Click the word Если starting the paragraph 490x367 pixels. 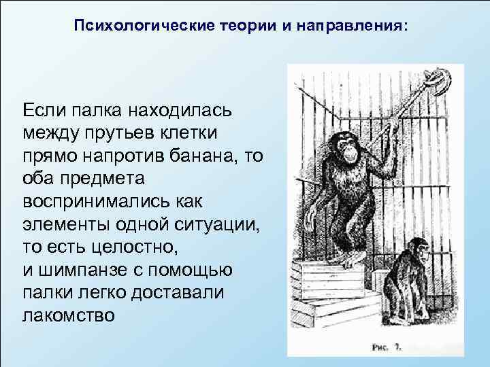(x=46, y=109)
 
